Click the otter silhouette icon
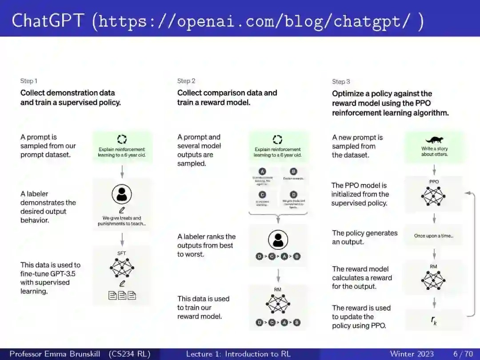point(434,140)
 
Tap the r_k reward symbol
point(434,320)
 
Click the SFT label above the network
point(122,253)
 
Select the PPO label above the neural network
point(434,182)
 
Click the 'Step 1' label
point(29,81)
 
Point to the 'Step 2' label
point(186,81)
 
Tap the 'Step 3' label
point(341,81)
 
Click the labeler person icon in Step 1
point(122,194)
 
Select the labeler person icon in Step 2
point(278,240)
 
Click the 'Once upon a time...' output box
point(434,236)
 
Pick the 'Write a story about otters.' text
point(434,152)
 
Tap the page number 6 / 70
point(463,354)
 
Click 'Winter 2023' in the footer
point(412,354)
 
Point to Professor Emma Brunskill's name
point(54,354)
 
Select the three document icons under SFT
point(122,296)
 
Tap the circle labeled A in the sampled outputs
point(262,172)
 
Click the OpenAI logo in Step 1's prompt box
point(122,139)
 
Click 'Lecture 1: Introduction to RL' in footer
point(238,354)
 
